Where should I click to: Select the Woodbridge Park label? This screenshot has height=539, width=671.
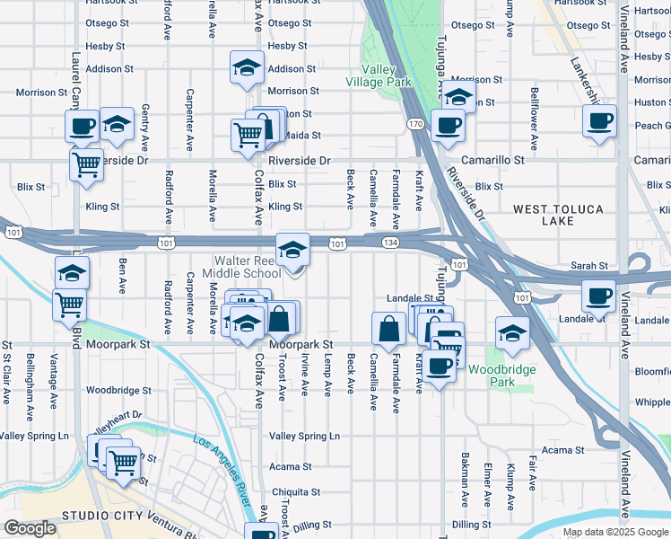coord(514,376)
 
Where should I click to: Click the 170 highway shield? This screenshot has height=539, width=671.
coord(414,123)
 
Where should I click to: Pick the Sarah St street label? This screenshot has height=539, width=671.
coord(590,266)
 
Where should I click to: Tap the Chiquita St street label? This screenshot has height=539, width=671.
coord(296,492)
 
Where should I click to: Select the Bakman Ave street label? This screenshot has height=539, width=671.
coord(465,485)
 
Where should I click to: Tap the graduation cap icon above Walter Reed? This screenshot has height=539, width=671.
coord(292,252)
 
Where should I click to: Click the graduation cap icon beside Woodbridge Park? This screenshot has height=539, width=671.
coord(512,332)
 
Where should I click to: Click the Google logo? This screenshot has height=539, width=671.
coord(30,528)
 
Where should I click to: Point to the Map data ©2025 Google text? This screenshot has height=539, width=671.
coord(614,532)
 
